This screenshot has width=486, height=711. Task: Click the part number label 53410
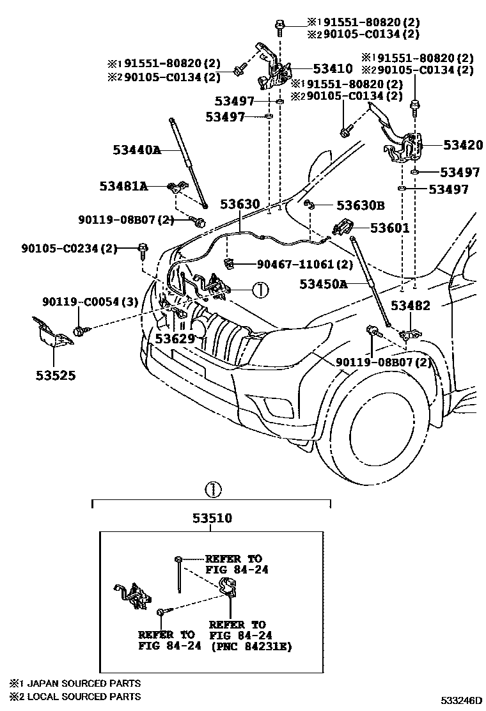click(333, 68)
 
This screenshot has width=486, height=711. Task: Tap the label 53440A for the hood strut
click(137, 150)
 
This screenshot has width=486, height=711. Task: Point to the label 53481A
click(123, 186)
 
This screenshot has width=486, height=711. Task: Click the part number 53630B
click(361, 205)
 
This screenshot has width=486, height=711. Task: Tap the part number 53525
click(55, 375)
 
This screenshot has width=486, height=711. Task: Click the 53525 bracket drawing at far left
click(51, 335)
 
